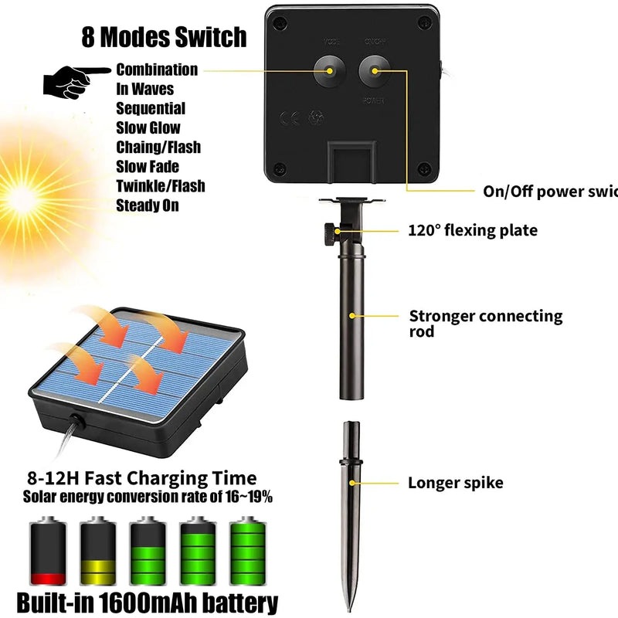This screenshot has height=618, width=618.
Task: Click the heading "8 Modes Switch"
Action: point(164,37)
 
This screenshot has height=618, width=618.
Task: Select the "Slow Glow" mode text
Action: point(148,127)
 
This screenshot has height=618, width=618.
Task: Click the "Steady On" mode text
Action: point(148,205)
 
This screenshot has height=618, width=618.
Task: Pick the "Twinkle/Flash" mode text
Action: point(161,186)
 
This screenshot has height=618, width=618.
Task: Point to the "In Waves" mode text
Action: point(145,89)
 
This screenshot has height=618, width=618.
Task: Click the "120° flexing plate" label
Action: point(473,230)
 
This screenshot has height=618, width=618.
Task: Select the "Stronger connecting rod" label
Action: point(485,324)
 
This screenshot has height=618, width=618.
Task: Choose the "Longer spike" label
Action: point(456,483)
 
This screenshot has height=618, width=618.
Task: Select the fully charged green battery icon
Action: point(246,552)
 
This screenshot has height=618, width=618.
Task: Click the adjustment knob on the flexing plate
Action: point(330,229)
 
